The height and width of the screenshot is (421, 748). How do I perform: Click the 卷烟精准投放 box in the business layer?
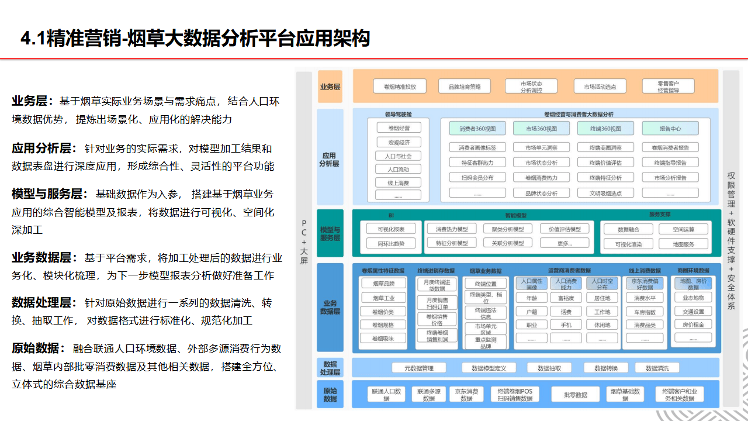[x=400, y=87]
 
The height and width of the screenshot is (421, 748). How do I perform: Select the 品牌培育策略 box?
[x=465, y=87]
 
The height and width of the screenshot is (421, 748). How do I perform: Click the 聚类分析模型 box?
[x=507, y=229]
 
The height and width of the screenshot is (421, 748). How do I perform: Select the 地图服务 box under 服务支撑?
[x=683, y=244]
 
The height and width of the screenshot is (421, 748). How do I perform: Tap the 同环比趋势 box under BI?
[x=391, y=243]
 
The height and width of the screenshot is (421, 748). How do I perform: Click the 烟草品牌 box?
[x=383, y=284]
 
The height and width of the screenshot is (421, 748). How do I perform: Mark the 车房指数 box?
[x=645, y=312]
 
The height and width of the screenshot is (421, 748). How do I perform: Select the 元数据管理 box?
[x=419, y=368]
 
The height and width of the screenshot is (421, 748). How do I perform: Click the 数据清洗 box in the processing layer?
[x=662, y=368]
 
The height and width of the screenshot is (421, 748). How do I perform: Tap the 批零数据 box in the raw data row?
[x=576, y=395]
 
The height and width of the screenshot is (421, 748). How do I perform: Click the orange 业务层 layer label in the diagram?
[x=330, y=87]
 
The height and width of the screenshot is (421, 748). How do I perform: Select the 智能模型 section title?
[x=515, y=215]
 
